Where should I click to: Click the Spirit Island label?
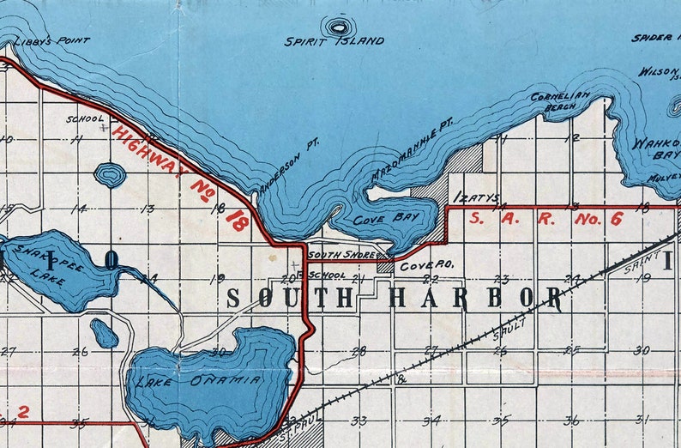pyautogui.click(x=334, y=40)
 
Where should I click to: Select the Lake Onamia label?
pyautogui.click(x=196, y=382)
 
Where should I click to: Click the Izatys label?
pyautogui.click(x=475, y=197)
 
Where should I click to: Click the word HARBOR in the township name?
pyautogui.click(x=476, y=298)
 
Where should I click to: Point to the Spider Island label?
pyautogui.click(x=655, y=38)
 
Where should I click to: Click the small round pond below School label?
pyautogui.click(x=110, y=175)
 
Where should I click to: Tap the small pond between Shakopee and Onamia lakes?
pyautogui.click(x=104, y=333)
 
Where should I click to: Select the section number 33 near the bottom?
pyautogui.click(x=359, y=421)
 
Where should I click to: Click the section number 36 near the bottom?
pyautogui.click(x=571, y=420)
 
